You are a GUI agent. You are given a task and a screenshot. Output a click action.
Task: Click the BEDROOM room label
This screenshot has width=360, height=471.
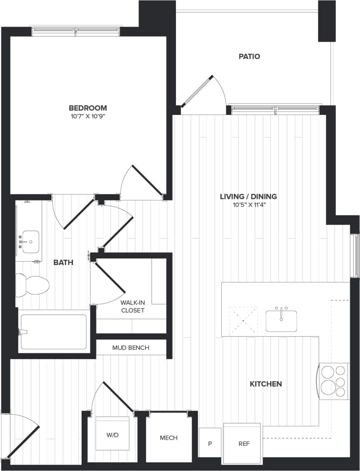tap(88, 108)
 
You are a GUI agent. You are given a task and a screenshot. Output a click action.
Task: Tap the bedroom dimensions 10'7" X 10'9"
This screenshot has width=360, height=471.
tap(88, 117)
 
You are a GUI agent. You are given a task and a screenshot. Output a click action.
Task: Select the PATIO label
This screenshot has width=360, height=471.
tap(249, 56)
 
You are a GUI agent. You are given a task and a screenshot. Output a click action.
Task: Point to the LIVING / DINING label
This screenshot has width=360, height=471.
tap(249, 196)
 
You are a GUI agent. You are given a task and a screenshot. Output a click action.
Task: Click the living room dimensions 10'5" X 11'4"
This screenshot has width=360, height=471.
tap(249, 205)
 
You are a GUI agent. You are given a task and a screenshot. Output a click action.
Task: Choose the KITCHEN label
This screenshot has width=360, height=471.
tap(265, 384)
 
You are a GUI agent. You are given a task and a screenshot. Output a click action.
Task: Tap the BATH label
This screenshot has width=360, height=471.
tap(63, 262)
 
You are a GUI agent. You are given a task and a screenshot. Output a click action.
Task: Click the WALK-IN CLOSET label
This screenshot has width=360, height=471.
tap(132, 306)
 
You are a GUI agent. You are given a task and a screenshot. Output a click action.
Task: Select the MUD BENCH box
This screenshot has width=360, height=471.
tap(131, 348)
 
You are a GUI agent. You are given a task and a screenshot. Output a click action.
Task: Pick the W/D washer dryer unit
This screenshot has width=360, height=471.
tap(113, 435)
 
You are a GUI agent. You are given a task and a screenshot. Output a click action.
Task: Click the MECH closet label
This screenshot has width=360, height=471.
tap(168, 437)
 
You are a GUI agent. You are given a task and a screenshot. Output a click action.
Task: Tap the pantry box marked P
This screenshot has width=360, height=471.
tap(210, 444)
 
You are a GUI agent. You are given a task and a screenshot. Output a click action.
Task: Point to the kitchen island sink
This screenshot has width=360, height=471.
tap(281, 320)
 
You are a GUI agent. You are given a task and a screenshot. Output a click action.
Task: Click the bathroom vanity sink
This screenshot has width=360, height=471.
tap(30, 242)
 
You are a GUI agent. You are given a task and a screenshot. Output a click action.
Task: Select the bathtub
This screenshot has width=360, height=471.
tap(53, 332)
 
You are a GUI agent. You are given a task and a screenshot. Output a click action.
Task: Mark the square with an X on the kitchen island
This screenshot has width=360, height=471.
tap(243, 320)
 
